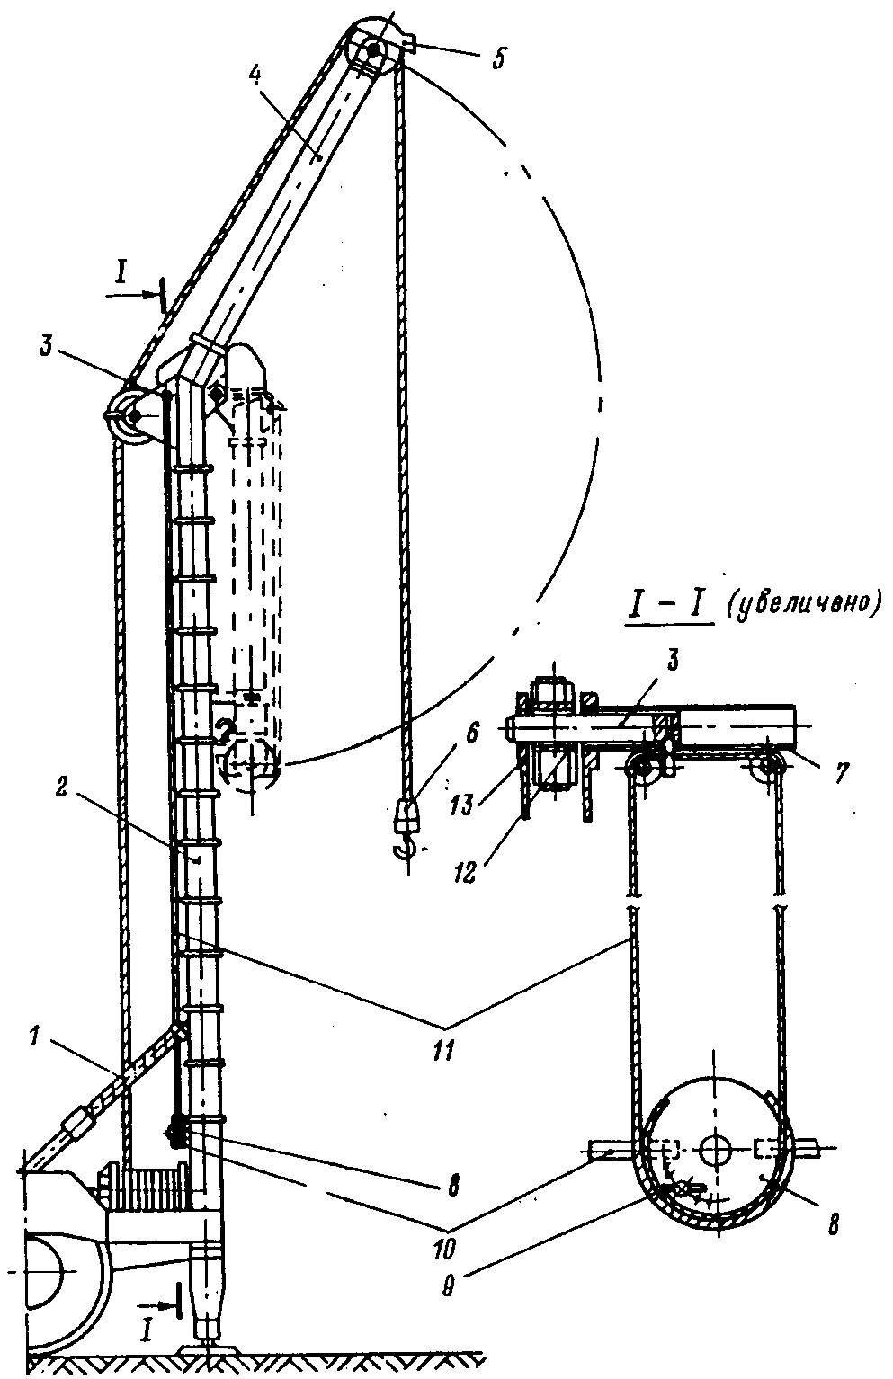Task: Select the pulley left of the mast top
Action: click(131, 414)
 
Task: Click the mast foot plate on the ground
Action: click(209, 1350)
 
